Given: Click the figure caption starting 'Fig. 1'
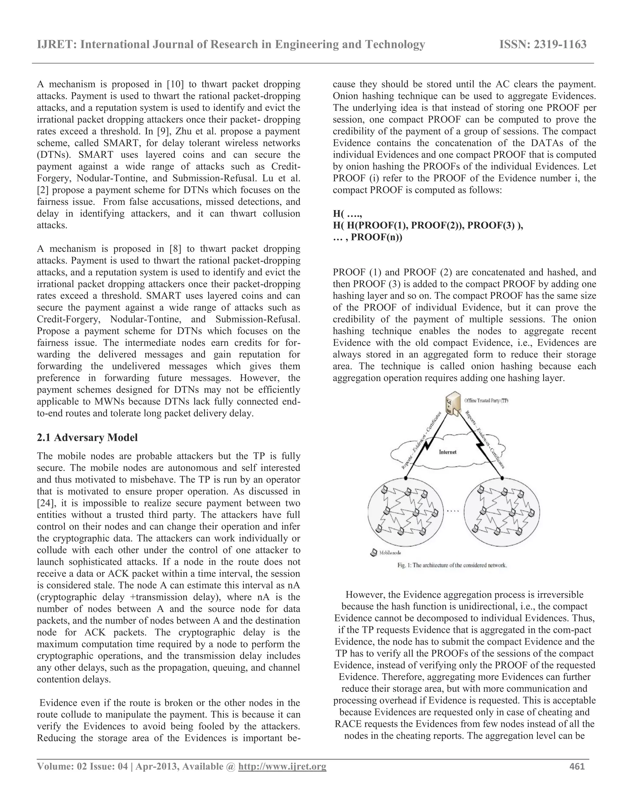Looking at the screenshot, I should click(x=452, y=566).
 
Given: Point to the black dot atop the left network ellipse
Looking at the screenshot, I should click(x=406, y=478).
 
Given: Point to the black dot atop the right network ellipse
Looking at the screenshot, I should click(x=502, y=478).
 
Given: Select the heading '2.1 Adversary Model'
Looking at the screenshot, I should click(x=87, y=437).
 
